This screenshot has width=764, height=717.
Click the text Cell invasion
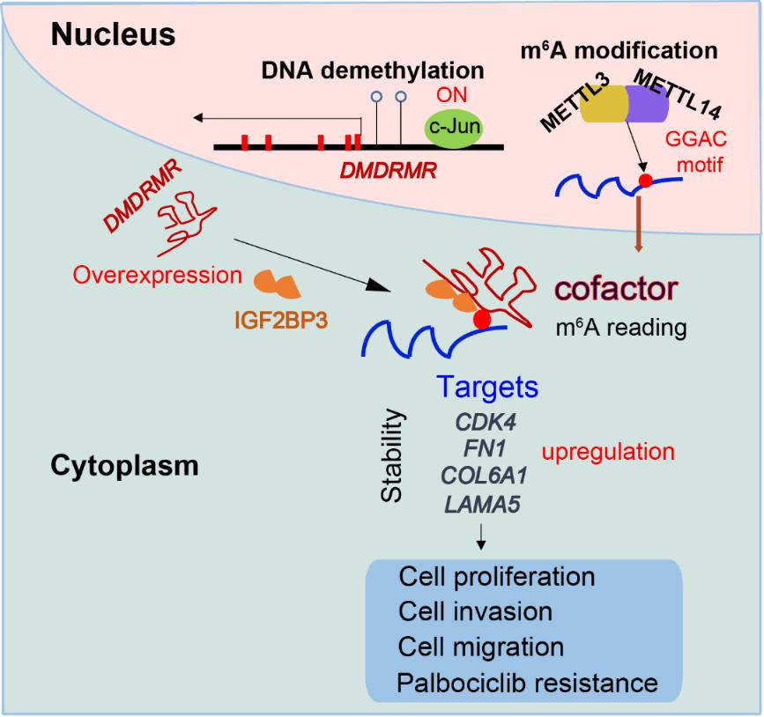(x=475, y=612)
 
